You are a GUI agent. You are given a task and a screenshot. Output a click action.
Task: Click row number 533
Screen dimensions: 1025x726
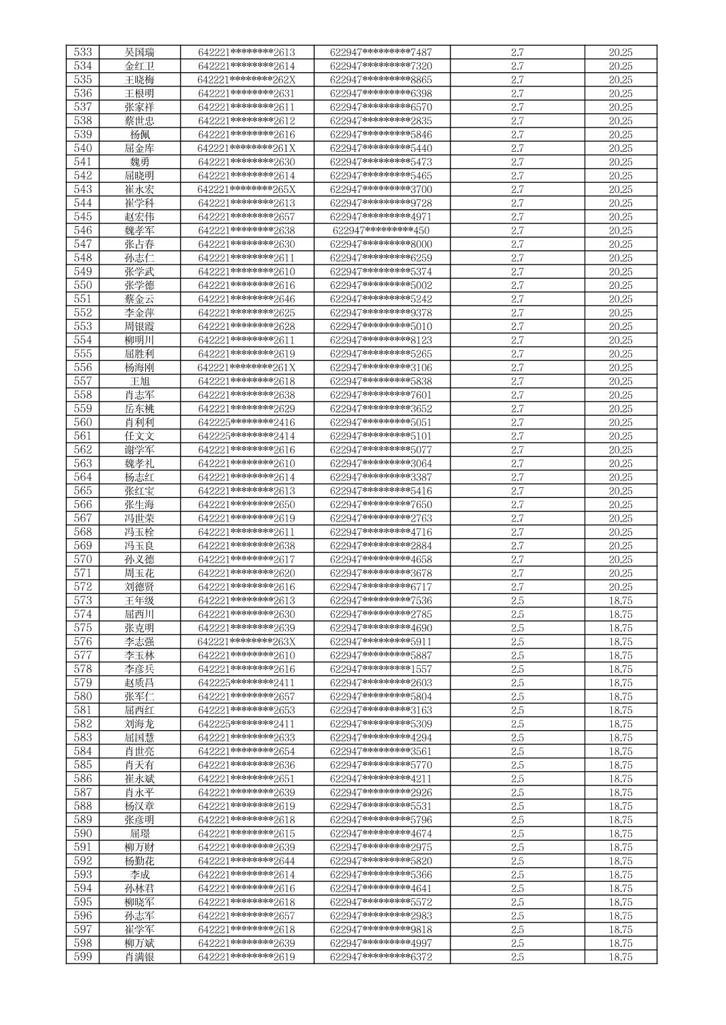[x=83, y=53]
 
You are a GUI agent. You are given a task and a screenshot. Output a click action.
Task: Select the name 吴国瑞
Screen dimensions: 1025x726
[x=139, y=53]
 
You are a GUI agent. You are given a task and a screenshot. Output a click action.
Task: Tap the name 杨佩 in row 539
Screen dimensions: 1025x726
[x=140, y=135]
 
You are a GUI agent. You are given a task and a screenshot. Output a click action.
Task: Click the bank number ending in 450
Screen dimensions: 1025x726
[x=381, y=231]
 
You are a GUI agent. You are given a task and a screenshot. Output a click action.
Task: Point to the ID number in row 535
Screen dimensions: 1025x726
[x=247, y=80]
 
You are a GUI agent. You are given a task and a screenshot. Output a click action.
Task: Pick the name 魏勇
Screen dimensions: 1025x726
[x=140, y=162]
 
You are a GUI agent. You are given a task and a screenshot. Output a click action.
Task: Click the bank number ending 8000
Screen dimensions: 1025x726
[x=381, y=244]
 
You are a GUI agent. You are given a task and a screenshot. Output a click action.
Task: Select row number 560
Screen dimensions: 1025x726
[x=83, y=422]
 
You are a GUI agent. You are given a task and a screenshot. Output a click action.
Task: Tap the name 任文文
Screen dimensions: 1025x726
[x=139, y=436]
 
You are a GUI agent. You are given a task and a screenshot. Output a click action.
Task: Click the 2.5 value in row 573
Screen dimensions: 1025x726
[x=517, y=601]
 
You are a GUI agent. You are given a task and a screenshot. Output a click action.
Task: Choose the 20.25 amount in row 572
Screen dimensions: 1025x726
[x=620, y=587]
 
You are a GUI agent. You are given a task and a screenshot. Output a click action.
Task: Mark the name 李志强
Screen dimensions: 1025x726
[x=139, y=642]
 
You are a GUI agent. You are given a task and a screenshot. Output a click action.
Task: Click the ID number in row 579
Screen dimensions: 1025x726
[x=247, y=683]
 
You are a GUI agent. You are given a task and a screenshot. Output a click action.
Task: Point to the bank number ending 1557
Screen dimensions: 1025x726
[x=381, y=669]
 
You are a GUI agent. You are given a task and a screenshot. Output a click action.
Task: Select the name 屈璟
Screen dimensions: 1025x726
[x=140, y=833]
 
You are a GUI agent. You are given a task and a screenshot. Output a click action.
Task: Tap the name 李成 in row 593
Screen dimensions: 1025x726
[x=140, y=875]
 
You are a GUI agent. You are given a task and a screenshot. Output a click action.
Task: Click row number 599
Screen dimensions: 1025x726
[x=83, y=957]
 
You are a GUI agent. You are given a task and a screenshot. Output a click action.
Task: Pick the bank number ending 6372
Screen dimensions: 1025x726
[x=381, y=957]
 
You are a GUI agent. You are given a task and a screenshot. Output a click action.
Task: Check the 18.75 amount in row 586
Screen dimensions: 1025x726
[x=620, y=779]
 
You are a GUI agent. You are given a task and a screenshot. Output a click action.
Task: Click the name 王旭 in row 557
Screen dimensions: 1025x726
[x=140, y=381]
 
